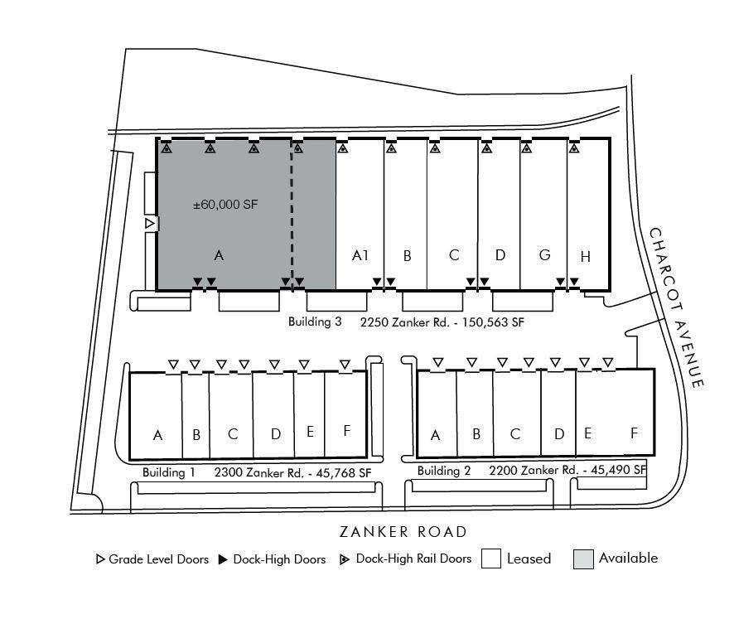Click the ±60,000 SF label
pyautogui.click(x=225, y=205)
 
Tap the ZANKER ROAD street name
pyautogui.click(x=403, y=532)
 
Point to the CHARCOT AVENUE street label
pyautogui.click(x=676, y=308)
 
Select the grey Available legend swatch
pyautogui.click(x=583, y=559)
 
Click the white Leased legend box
pyautogui.click(x=491, y=559)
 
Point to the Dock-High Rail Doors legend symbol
pyautogui.click(x=344, y=559)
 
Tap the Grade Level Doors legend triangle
pyautogui.click(x=99, y=559)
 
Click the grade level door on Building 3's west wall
pyautogui.click(x=150, y=224)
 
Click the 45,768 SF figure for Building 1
pyautogui.click(x=344, y=473)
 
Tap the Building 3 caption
pyautogui.click(x=315, y=322)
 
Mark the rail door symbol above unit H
pyautogui.click(x=574, y=148)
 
